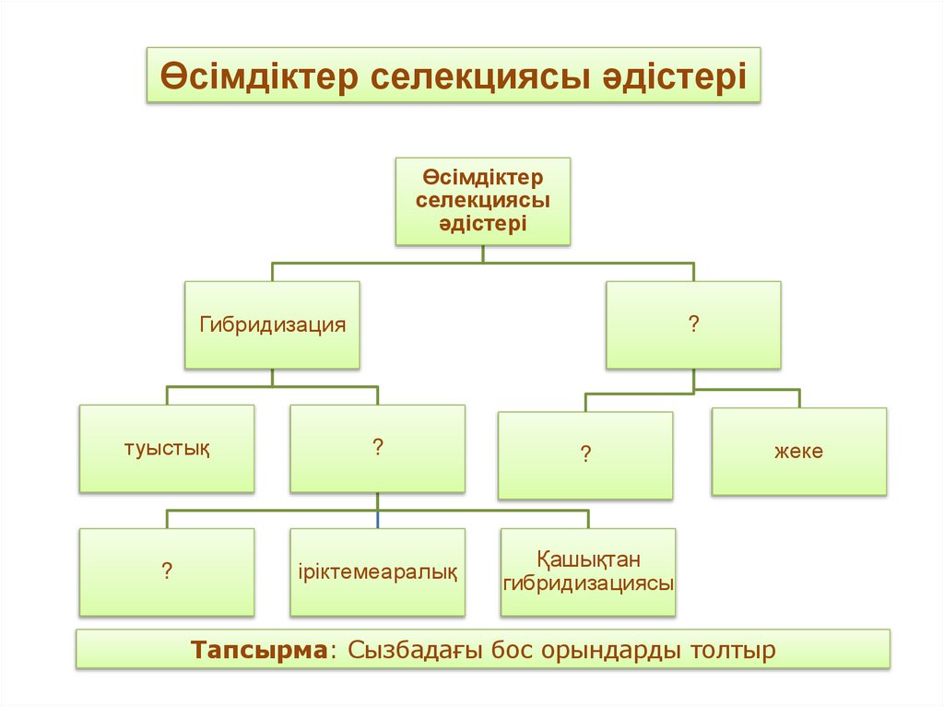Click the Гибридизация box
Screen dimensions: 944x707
[272, 324]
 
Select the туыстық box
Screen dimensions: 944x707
[167, 449]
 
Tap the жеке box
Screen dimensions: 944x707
[798, 452]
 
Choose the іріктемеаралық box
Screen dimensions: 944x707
[377, 571]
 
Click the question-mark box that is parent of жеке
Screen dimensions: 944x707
[692, 324]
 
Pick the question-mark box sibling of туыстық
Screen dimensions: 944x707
[377, 449]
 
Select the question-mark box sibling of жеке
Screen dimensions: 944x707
[585, 454]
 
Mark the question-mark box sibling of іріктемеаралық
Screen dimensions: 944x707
[167, 571]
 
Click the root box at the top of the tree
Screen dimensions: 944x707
[483, 200]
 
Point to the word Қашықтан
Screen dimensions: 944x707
[587, 560]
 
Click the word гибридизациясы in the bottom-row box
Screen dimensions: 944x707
[588, 583]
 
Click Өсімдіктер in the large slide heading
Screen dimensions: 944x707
[261, 76]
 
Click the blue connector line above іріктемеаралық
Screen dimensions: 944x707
[377, 519]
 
